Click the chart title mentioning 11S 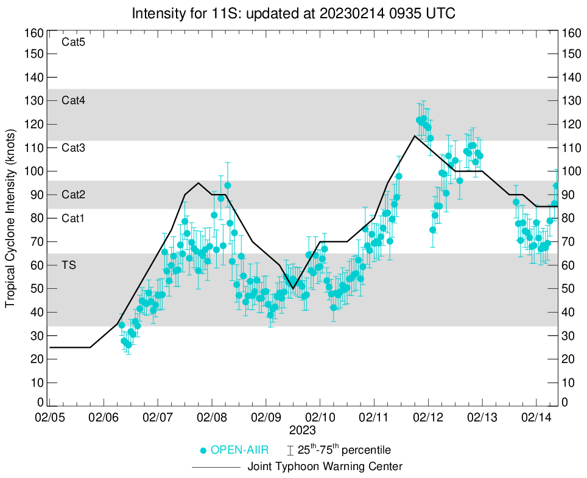pyautogui.click(x=293, y=13)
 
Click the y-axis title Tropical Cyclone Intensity pyautogui.click(x=10, y=217)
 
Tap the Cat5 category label pyautogui.click(x=73, y=43)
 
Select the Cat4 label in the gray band pyautogui.click(x=73, y=101)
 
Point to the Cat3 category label pyautogui.click(x=73, y=148)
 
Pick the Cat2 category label pyautogui.click(x=73, y=195)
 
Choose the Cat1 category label pyautogui.click(x=73, y=218)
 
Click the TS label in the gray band pyautogui.click(x=69, y=266)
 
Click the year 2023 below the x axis pyautogui.click(x=302, y=431)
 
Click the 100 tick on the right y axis pyautogui.click(x=572, y=171)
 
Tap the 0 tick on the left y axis pyautogui.click(x=40, y=402)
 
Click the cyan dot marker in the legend pyautogui.click(x=204, y=451)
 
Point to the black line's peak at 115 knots pyautogui.click(x=415, y=136)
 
